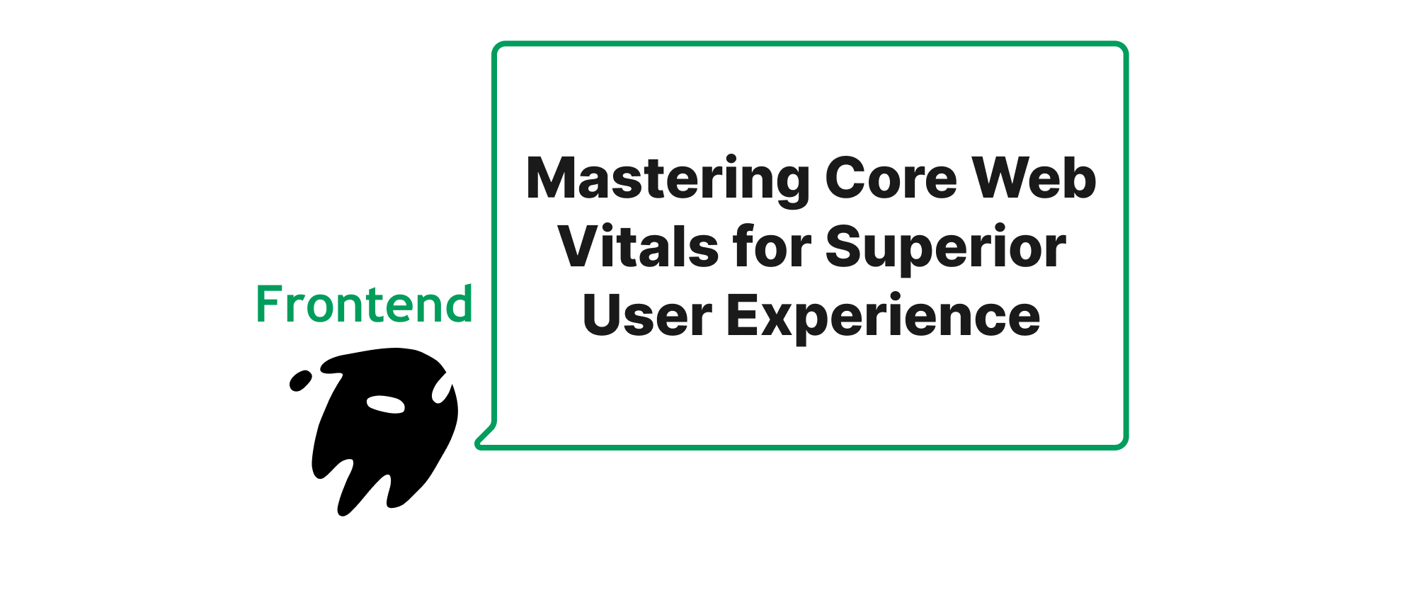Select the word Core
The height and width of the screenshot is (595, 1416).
click(891, 178)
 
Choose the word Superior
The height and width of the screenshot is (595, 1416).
click(946, 249)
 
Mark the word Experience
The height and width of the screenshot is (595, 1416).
click(884, 318)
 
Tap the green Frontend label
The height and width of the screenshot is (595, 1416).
click(364, 304)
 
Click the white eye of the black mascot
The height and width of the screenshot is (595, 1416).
click(385, 404)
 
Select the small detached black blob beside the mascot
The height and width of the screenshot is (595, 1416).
click(300, 380)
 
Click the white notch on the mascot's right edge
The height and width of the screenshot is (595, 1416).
click(442, 388)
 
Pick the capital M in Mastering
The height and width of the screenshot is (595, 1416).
click(554, 177)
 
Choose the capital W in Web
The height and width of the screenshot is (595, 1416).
click(1003, 177)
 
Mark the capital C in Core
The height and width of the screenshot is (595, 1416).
click(846, 177)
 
